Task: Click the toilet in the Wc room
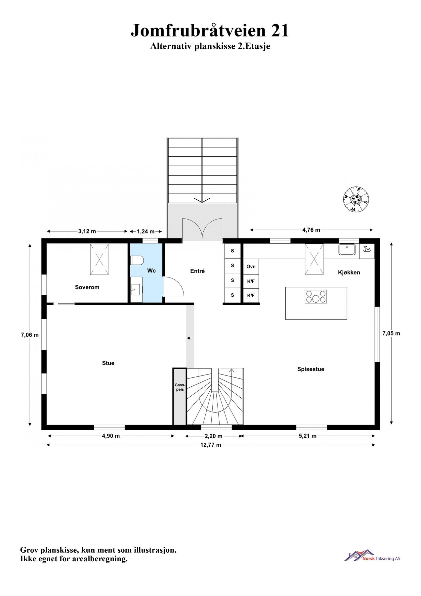pos(137,261)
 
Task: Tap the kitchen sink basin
pos(347,249)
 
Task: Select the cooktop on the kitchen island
pos(316,296)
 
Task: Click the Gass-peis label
pos(180,387)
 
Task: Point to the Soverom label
pos(87,287)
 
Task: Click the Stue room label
pos(108,363)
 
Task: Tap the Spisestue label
pos(311,369)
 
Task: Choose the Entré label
pos(197,271)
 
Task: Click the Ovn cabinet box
pos(251,267)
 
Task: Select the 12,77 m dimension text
pos(211,445)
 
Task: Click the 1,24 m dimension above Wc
pos(146,231)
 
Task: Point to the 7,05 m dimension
pos(391,333)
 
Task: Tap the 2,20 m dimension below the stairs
pos(213,436)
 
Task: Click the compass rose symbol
pos(356,200)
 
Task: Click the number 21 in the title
pos(280,30)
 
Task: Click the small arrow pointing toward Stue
pos(190,338)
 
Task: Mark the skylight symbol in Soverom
pos(99,259)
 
